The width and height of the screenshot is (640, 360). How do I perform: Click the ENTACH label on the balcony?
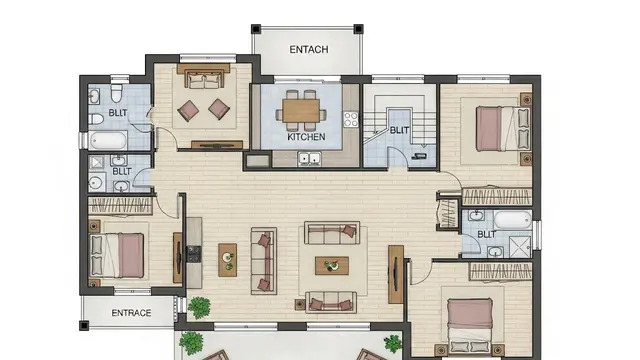308,50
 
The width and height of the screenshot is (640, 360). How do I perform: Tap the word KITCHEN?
306,137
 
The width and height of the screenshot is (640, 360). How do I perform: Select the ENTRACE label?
131,313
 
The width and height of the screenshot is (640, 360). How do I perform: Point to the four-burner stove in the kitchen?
351,119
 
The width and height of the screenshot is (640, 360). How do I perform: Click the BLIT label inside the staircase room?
399,130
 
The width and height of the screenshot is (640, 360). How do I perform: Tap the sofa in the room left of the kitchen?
204,78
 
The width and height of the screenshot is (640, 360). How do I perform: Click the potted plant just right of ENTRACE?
199,307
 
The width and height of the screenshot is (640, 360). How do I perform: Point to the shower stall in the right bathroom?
520,246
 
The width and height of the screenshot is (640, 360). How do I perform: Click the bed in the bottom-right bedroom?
471,323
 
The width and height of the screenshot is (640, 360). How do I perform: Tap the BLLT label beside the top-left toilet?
118,113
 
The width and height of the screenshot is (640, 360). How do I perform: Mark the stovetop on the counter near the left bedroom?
193,253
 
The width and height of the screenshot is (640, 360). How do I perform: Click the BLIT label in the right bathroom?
486,234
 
